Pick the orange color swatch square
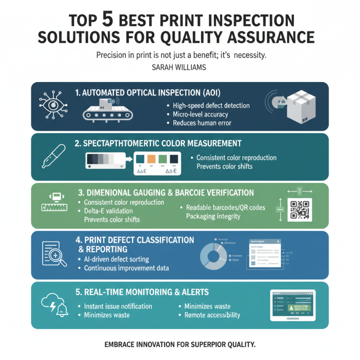pyautogui.click(x=151, y=159)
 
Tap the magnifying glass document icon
pyautogui.click(x=54, y=254)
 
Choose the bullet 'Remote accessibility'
pyautogui.click(x=212, y=315)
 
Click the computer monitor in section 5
pyautogui.click(x=292, y=305)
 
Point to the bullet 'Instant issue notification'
pyautogui.click(x=118, y=306)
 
